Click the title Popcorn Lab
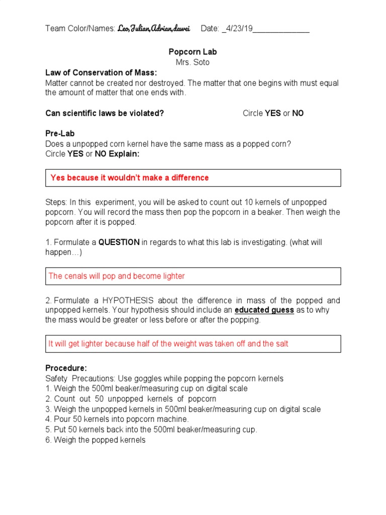tap(192, 52)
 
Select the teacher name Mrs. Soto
tap(192, 62)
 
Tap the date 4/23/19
tap(240, 29)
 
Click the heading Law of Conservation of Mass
tap(101, 73)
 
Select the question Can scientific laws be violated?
tap(105, 113)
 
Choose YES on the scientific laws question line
tap(273, 113)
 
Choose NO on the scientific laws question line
tap(298, 113)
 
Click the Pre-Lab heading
tap(59, 134)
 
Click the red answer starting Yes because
tap(129, 178)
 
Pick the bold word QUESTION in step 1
tap(119, 242)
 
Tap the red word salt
tap(281, 344)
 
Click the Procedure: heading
tap(66, 368)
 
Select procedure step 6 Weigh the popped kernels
tap(95, 440)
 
